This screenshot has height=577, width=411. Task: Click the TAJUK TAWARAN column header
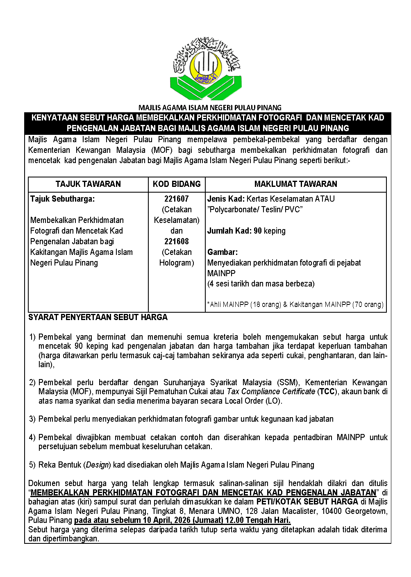(88, 184)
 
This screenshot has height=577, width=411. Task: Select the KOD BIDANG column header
(177, 184)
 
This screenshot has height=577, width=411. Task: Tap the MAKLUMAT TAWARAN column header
(295, 184)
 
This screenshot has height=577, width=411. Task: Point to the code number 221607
(177, 199)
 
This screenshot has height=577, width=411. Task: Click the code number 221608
(177, 241)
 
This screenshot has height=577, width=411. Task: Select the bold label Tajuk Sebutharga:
(62, 199)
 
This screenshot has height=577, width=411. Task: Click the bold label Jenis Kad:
(226, 199)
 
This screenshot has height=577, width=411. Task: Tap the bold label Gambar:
(222, 252)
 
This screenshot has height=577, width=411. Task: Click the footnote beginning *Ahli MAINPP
(295, 304)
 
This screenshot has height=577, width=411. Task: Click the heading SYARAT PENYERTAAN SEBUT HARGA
(98, 317)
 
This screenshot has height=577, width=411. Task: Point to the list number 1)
(32, 337)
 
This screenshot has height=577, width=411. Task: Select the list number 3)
(32, 419)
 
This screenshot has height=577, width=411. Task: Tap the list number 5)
(32, 465)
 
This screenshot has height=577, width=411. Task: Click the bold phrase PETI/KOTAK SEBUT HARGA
(307, 502)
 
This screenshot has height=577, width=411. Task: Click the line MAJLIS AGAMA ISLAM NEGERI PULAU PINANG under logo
(210, 108)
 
